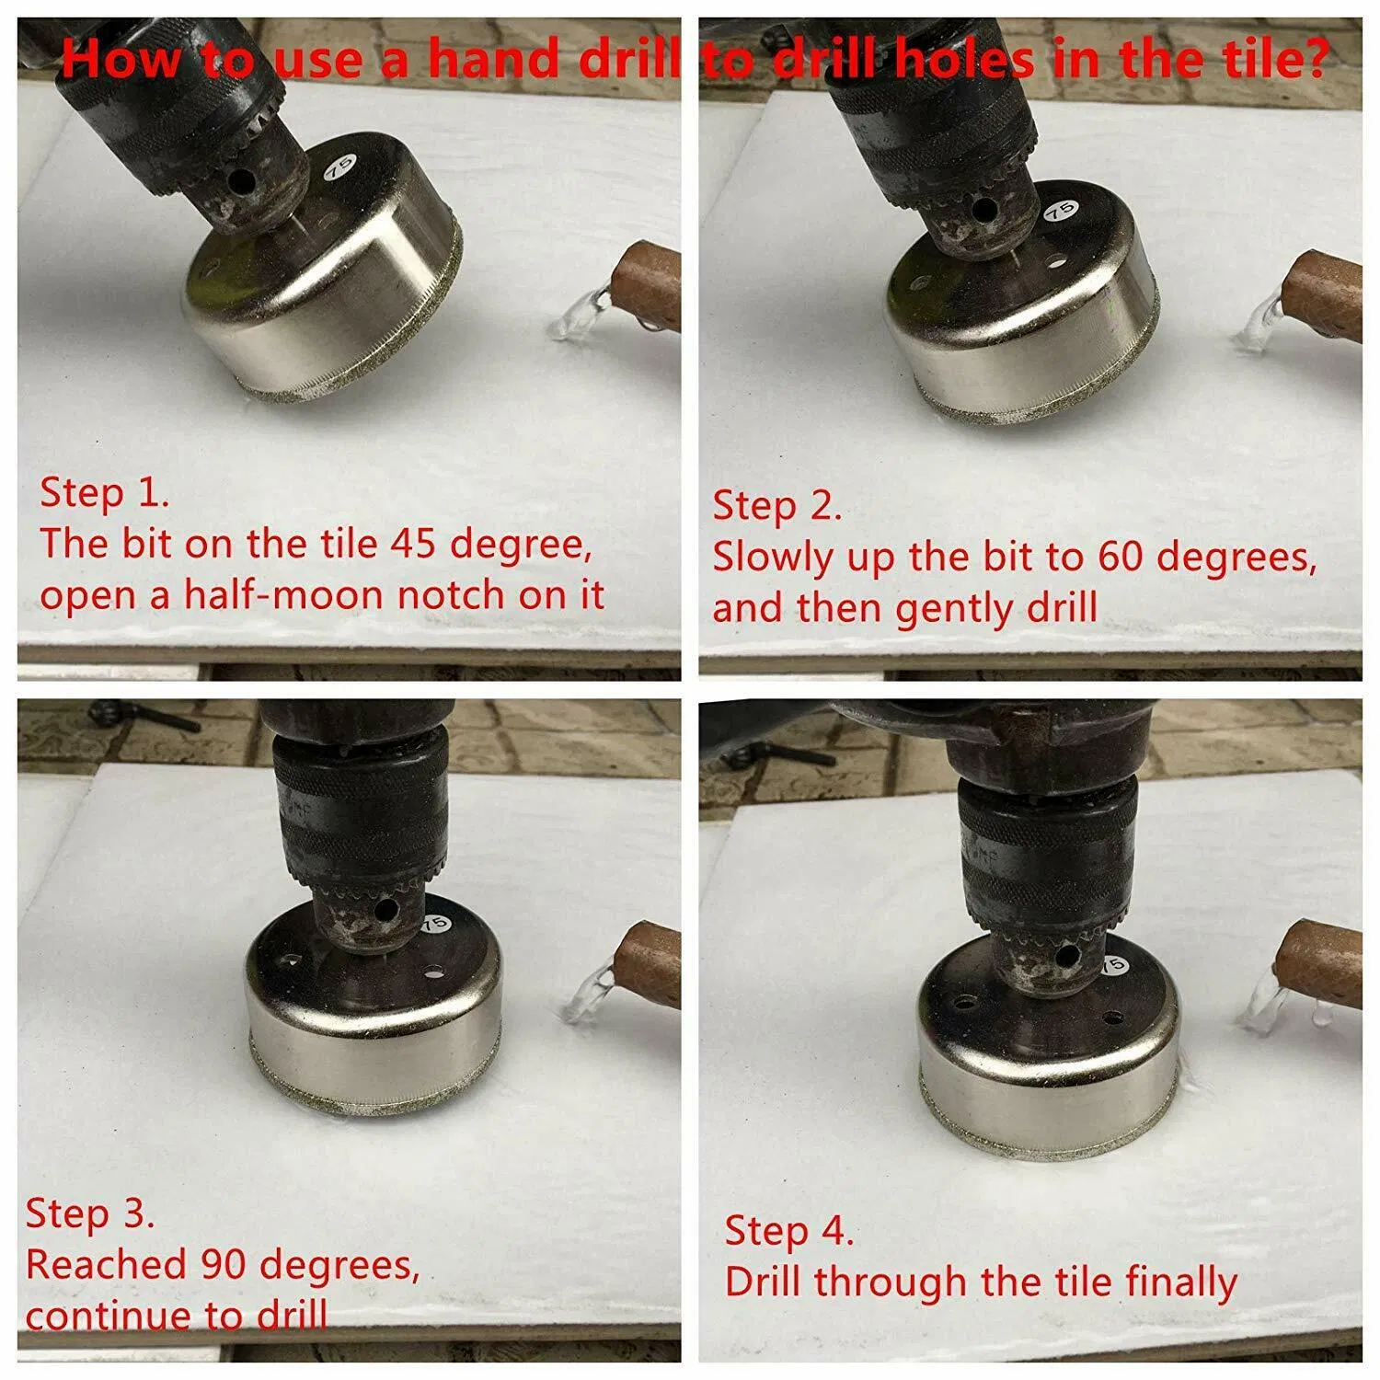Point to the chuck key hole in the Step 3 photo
tap(386, 911)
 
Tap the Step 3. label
tap(89, 1213)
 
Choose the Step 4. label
tap(789, 1231)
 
